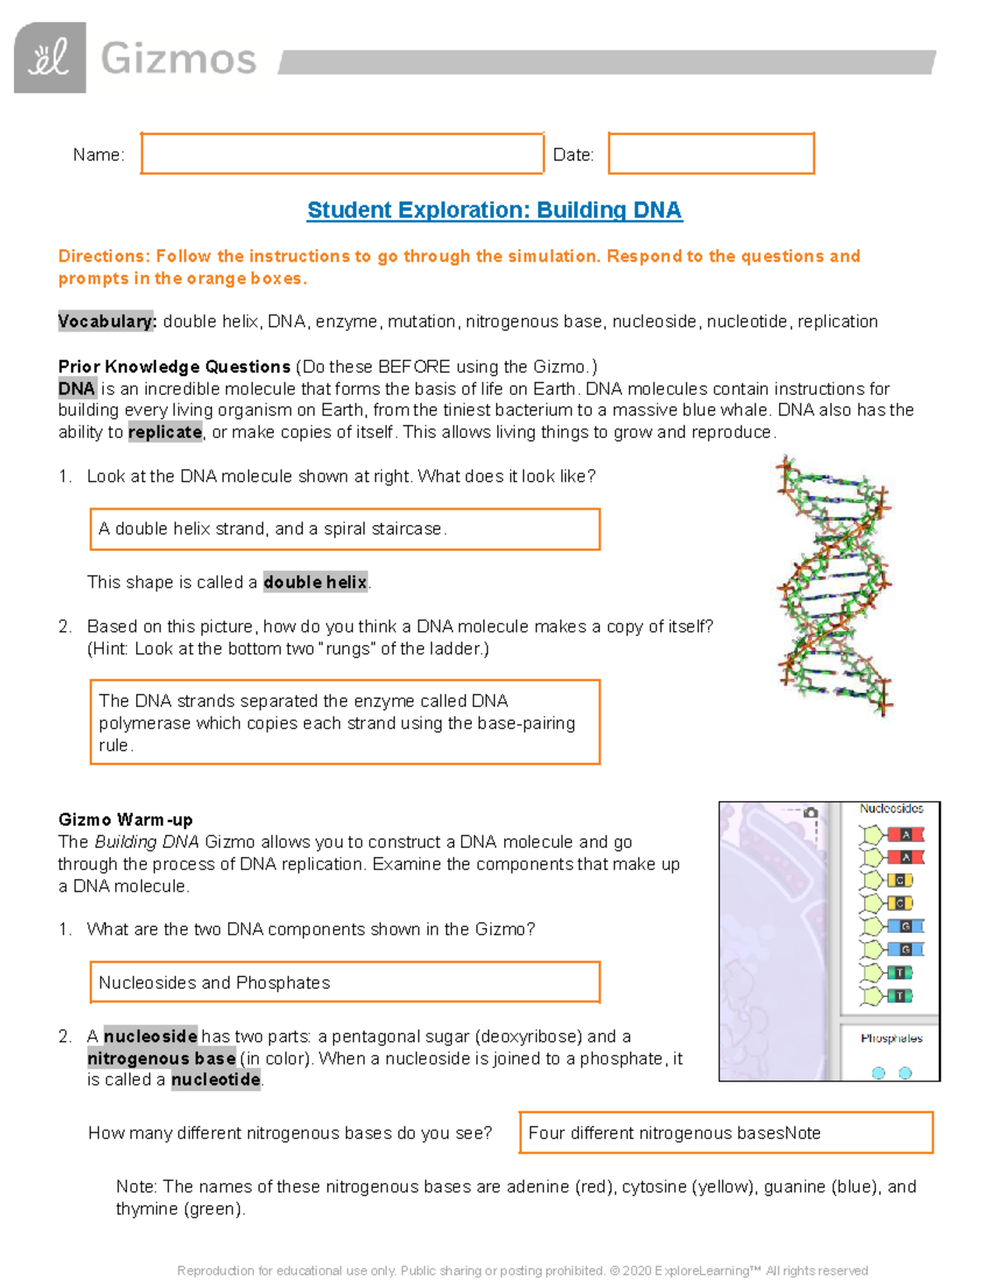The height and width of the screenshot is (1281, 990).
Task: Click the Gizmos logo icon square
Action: pos(49,58)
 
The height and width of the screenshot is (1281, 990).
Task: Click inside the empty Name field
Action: pos(342,153)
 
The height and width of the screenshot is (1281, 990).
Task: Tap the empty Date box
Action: pos(711,153)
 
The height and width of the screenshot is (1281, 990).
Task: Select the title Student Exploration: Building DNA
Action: pos(494,210)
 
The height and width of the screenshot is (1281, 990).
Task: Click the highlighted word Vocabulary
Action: pos(106,322)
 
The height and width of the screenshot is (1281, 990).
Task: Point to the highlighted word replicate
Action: pos(165,432)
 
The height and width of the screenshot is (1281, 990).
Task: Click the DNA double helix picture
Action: pos(834,586)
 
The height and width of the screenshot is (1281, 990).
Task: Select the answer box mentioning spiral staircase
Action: pos(344,529)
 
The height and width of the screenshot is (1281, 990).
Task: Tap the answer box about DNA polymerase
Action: pos(344,723)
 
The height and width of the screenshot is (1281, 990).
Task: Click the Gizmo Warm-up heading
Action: pos(125,820)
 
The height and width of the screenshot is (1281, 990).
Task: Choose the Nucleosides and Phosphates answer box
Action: pos(344,982)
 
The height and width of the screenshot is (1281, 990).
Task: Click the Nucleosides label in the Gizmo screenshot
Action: pos(891,809)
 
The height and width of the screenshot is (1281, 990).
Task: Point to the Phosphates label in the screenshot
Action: pos(891,1038)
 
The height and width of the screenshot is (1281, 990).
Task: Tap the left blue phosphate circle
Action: pos(879,1073)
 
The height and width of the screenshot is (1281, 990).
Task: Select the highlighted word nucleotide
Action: pos(216,1080)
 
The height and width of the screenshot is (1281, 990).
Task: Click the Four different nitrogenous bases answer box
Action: pos(725,1133)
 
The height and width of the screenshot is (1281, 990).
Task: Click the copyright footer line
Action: pos(522,1270)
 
